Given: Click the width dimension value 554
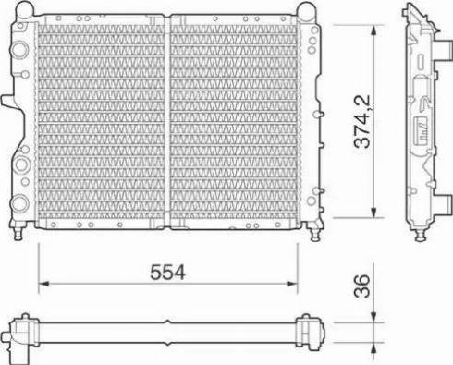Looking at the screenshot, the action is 167,273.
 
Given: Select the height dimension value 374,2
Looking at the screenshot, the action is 361,121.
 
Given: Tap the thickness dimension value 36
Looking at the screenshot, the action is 361,286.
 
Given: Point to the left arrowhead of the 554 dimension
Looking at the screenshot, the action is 44,284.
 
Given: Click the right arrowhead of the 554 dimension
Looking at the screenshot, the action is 292,284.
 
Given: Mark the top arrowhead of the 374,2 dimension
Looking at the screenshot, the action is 373,30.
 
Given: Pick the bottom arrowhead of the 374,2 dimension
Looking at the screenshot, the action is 373,212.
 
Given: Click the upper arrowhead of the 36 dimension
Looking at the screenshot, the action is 373,317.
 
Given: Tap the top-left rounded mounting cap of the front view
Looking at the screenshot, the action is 25,9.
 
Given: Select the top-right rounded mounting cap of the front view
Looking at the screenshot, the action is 306,10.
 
